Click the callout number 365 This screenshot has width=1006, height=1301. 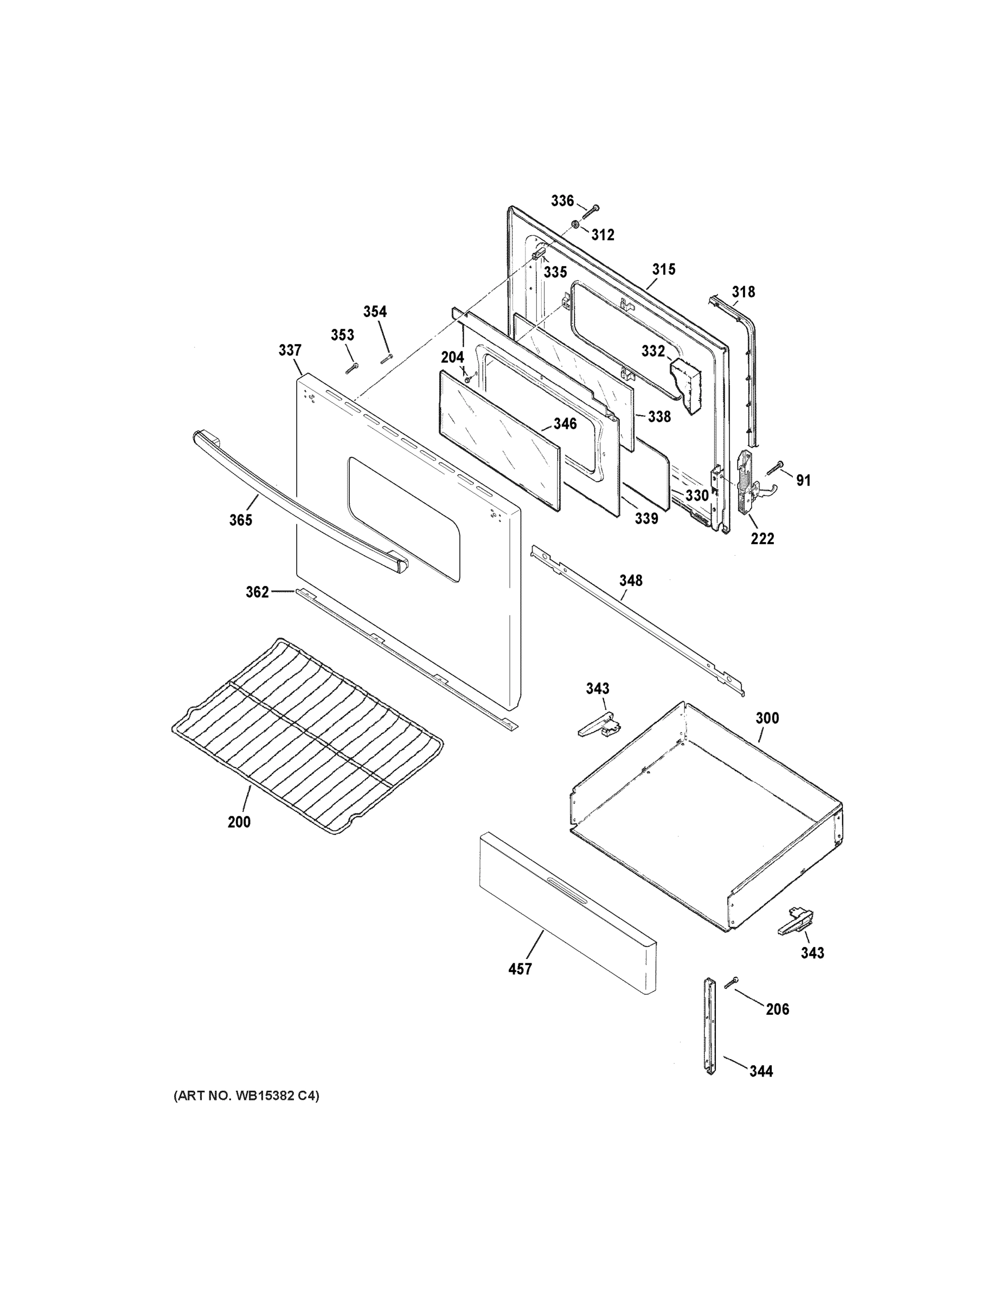pos(241,520)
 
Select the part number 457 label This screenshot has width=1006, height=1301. pos(520,969)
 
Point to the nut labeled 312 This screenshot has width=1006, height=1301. pos(575,224)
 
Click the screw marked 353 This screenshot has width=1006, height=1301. pos(351,368)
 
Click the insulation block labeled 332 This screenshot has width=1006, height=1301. pos(686,384)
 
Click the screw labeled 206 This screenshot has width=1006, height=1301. pos(731,983)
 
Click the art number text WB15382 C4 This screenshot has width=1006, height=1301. pos(246,1096)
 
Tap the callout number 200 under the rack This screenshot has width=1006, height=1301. pos(239,822)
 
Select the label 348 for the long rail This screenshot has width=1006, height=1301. pos(631,580)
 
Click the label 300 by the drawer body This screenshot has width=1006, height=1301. pos(767,718)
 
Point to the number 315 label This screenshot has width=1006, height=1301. pos(663,269)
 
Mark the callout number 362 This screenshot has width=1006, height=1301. pos(258,592)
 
